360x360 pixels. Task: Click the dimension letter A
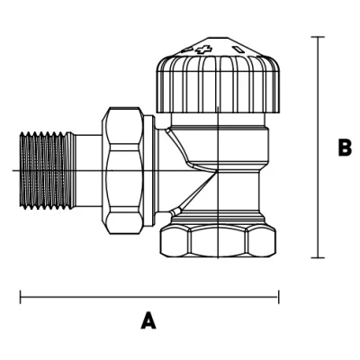click(x=148, y=320)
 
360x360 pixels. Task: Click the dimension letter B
click(x=345, y=148)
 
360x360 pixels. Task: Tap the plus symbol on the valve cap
click(x=204, y=49)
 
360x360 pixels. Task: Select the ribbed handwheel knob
click(x=219, y=84)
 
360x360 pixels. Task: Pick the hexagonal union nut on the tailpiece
click(x=122, y=170)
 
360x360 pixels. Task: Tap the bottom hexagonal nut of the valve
click(x=218, y=241)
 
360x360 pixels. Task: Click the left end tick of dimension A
click(x=21, y=297)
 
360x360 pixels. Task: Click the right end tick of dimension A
click(x=279, y=297)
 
